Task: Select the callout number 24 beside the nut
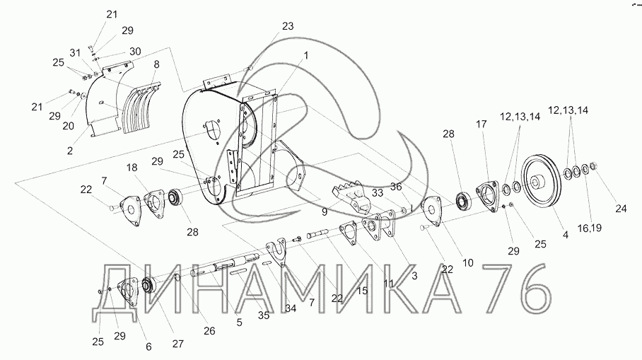[620, 209]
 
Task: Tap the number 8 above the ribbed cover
[156, 64]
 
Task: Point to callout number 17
[482, 124]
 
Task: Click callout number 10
[467, 262]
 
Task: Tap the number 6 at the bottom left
[148, 347]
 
